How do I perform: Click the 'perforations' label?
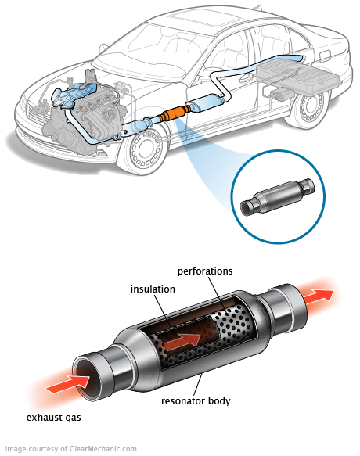[205, 271]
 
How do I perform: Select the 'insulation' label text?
[153, 289]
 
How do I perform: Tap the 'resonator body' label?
[196, 401]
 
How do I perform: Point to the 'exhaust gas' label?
[53, 418]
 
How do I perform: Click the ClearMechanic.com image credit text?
[71, 449]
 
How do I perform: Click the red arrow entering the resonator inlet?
[68, 385]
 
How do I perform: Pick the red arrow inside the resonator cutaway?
[182, 339]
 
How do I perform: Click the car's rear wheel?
[311, 108]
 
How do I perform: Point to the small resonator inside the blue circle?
[278, 196]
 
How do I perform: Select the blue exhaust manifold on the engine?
[74, 94]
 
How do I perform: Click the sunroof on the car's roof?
[207, 21]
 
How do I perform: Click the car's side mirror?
[103, 48]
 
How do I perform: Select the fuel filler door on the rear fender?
[325, 55]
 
